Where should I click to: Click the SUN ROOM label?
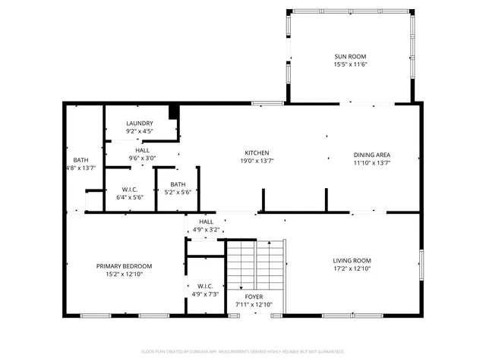point(350,57)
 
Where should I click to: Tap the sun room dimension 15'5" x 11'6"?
point(350,65)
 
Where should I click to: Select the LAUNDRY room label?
point(140,123)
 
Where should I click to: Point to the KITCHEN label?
point(257,152)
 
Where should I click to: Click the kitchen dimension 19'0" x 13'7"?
point(257,161)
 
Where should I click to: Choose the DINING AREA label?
point(372,155)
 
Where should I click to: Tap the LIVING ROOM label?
point(352,260)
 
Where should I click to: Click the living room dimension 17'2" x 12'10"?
point(352,268)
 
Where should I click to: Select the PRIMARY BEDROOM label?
point(124,266)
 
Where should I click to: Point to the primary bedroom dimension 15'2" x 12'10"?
point(124,275)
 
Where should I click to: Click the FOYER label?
point(254,297)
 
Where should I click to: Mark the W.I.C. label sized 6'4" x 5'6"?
point(128,189)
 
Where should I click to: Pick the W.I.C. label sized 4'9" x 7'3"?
point(204,286)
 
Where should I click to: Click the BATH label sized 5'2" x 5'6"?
point(178,184)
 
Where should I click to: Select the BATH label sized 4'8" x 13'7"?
point(80,160)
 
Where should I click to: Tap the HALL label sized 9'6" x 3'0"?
point(142,150)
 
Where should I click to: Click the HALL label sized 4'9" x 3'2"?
point(206,221)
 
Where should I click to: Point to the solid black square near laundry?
point(174,111)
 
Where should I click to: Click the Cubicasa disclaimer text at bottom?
point(243,351)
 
